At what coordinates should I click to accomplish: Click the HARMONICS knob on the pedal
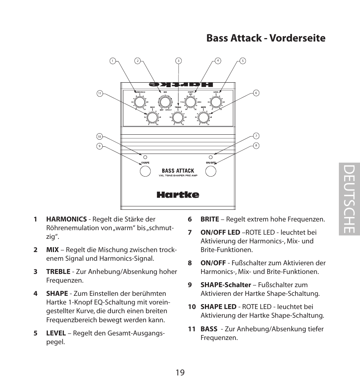(139, 102)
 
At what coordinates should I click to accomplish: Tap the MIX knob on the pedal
(165, 102)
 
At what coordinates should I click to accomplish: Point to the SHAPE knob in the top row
(190, 102)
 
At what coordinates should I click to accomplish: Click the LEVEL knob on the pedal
(216, 102)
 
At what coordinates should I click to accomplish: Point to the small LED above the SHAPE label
(145, 156)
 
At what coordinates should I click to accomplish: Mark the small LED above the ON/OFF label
(211, 156)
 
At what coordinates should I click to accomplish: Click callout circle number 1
(112, 61)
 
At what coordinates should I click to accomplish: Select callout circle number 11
(100, 93)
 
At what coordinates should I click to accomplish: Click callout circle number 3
(178, 61)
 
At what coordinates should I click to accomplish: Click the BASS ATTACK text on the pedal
(178, 171)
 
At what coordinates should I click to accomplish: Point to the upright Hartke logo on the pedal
(178, 195)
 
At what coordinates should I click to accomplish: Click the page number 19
(180, 372)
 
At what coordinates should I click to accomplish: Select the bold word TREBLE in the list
(58, 272)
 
